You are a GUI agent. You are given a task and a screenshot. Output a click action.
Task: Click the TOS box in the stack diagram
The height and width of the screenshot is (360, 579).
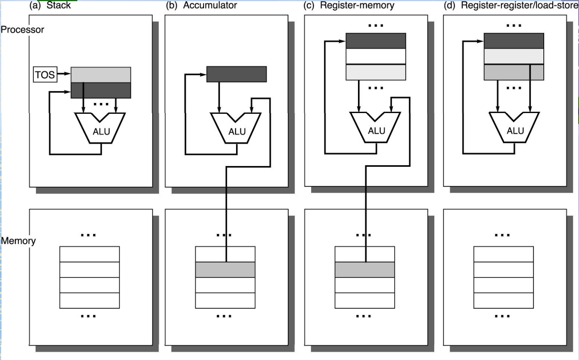click(x=45, y=74)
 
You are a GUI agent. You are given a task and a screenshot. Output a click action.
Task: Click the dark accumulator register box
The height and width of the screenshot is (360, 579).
click(x=236, y=74)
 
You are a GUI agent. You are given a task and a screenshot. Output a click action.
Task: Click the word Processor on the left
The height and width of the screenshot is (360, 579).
click(x=22, y=29)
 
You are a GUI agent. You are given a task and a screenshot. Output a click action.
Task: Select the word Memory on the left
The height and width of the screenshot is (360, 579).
click(x=18, y=241)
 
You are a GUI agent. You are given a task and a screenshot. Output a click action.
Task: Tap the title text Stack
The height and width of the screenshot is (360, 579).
click(x=58, y=5)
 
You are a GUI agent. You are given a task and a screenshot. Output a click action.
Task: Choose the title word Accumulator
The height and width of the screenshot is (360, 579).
click(x=210, y=5)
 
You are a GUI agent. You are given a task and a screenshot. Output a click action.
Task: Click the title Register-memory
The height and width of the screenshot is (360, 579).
click(x=357, y=5)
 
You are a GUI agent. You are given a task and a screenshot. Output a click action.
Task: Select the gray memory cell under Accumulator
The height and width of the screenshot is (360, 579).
click(x=225, y=270)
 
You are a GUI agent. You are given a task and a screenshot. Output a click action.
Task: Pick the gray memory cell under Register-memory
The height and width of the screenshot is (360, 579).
click(x=365, y=270)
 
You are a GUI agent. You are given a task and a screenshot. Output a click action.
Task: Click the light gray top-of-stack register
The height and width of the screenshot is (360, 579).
click(x=101, y=75)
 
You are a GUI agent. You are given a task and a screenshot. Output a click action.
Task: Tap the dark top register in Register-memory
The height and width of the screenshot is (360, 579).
click(x=376, y=41)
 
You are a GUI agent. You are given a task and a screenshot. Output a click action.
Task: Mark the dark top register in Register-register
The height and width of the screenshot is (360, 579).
click(x=514, y=41)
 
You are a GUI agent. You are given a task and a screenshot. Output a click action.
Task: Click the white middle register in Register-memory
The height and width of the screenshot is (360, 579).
click(x=376, y=57)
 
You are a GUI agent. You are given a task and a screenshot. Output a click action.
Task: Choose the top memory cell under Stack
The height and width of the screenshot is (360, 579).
click(x=89, y=254)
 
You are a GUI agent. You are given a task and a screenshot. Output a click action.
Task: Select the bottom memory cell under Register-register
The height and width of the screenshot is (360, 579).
click(x=504, y=301)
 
